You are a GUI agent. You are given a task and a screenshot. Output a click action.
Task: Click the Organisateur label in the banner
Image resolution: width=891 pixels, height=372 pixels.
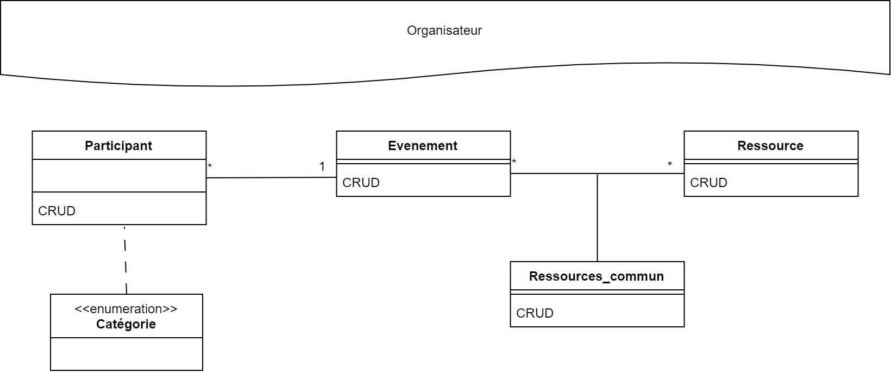click(x=444, y=30)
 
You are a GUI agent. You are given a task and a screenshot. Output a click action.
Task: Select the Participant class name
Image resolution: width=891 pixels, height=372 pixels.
click(x=118, y=146)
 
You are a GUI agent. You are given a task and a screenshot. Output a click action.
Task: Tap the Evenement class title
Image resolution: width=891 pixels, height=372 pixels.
click(x=423, y=146)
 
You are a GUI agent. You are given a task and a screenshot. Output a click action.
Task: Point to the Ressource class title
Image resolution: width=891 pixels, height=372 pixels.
click(x=770, y=146)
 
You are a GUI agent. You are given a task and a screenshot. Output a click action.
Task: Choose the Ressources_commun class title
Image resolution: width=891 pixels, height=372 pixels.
click(x=596, y=276)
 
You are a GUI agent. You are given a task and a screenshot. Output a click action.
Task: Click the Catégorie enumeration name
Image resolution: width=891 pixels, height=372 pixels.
click(x=126, y=324)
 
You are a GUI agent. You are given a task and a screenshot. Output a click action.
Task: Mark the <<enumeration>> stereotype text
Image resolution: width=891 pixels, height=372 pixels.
click(x=126, y=309)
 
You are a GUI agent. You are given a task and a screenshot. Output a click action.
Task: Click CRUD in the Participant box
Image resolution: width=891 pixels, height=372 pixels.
click(x=57, y=211)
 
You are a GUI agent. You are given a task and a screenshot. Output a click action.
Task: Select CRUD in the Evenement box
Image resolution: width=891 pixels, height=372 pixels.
click(x=361, y=183)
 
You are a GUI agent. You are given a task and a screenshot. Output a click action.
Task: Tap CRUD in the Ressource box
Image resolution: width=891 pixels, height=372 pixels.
click(x=708, y=183)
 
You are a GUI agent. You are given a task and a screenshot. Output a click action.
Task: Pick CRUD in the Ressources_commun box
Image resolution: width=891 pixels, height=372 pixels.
click(x=535, y=313)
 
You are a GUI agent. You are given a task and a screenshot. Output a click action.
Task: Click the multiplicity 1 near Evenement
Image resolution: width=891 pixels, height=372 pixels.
click(x=322, y=166)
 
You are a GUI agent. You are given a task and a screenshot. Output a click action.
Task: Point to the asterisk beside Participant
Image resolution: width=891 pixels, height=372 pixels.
click(x=210, y=166)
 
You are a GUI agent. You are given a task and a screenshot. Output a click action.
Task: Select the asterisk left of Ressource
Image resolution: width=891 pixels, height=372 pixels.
click(x=670, y=165)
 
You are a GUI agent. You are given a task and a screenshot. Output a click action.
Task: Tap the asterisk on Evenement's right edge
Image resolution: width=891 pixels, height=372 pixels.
click(x=514, y=162)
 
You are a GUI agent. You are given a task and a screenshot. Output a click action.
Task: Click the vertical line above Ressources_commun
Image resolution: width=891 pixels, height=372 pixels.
click(x=597, y=218)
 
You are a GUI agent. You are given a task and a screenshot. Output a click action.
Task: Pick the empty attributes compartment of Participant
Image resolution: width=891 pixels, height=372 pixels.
click(x=119, y=176)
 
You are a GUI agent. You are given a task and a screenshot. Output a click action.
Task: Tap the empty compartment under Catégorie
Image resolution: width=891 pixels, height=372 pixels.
click(x=126, y=354)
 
